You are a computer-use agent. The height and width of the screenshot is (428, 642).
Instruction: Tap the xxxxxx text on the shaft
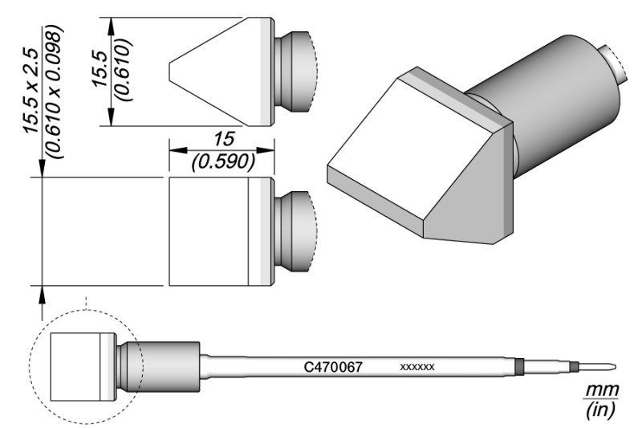(416, 367)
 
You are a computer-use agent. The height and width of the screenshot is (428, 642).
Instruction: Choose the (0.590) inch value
(224, 162)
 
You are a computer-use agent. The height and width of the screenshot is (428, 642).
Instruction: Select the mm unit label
(599, 390)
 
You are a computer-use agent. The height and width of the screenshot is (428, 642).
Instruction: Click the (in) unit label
(599, 410)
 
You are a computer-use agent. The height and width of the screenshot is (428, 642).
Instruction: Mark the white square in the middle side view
(209, 231)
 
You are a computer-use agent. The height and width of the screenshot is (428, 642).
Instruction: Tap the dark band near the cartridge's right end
(518, 367)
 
